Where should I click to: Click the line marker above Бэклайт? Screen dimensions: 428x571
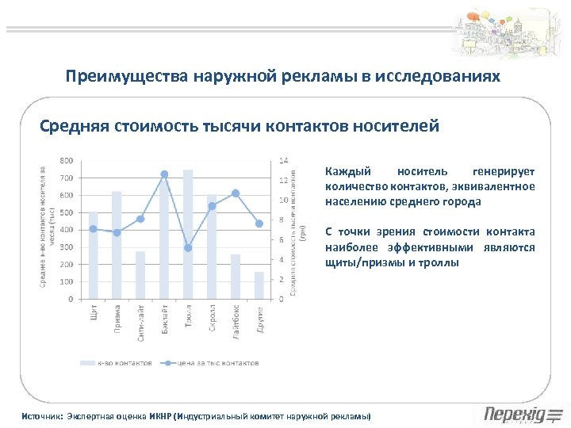(x=164, y=174)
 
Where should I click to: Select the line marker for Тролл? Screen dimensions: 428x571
(x=188, y=248)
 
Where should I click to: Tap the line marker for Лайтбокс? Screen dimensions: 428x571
(x=236, y=193)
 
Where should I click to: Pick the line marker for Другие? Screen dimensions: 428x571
(x=259, y=224)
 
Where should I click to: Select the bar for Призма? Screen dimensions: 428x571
(x=117, y=245)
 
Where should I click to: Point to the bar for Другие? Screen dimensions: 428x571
(x=259, y=285)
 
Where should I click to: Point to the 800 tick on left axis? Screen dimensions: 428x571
(x=67, y=161)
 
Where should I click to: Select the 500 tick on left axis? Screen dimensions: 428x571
(x=67, y=212)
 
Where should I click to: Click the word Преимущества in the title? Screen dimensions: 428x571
(x=116, y=76)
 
